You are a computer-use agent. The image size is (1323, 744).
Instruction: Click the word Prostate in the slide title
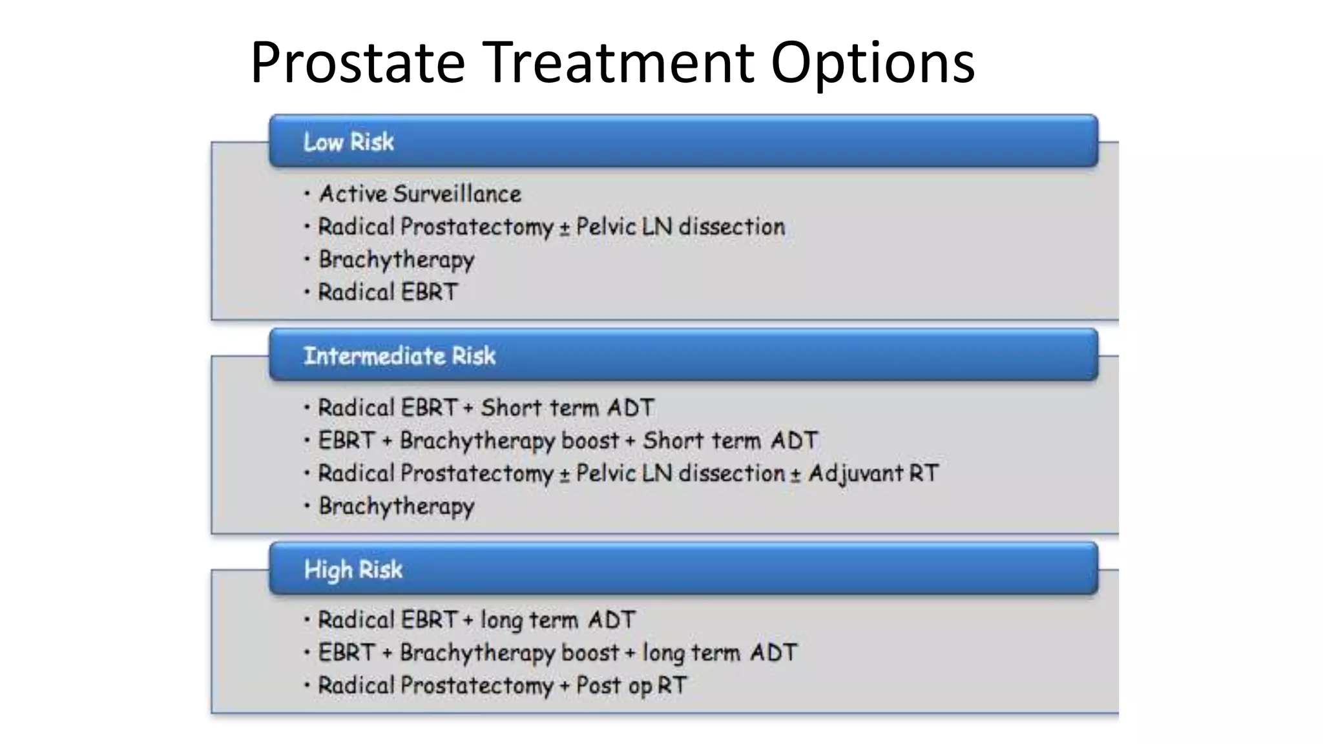pos(357,63)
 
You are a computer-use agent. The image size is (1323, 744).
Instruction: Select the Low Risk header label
pos(348,142)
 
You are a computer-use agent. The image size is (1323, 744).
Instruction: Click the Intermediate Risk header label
pos(399,356)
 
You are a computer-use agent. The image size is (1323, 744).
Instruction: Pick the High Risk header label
pos(353,570)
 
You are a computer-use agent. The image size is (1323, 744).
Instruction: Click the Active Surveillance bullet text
pos(420,194)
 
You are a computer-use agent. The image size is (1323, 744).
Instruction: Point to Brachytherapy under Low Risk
pos(396,260)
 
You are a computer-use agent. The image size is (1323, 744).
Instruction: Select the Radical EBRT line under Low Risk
pos(388,292)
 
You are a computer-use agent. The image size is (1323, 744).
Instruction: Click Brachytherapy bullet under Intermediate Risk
pos(396,506)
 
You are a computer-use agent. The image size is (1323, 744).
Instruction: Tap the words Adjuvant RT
pos(873,473)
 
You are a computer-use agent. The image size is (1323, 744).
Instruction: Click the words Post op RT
pos(631,685)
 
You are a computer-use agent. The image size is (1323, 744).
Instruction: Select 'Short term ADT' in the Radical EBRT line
pos(567,408)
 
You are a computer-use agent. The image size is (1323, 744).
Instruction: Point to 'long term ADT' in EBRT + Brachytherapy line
pos(720,653)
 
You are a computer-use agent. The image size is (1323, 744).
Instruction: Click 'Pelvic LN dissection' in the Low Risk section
pos(680,227)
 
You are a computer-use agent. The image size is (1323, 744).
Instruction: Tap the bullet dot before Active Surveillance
pos(307,193)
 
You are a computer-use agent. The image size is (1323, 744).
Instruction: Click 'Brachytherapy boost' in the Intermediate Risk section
pos(509,440)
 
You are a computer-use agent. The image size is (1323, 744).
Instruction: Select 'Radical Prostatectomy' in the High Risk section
pos(435,685)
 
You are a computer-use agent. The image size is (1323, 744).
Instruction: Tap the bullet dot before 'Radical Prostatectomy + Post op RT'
pos(307,685)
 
